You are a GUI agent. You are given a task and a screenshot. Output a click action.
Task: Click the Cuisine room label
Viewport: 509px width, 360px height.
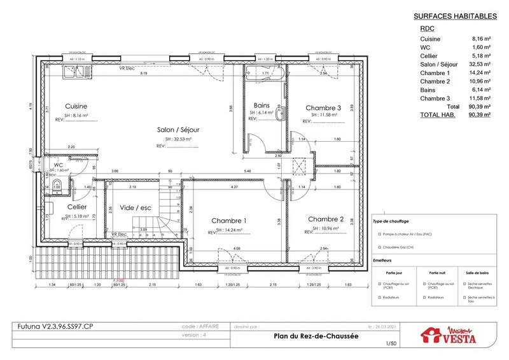point(76,106)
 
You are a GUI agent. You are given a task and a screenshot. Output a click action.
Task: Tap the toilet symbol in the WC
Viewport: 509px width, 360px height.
point(57,186)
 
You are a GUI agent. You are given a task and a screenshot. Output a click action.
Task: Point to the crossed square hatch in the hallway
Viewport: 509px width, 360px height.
point(297,167)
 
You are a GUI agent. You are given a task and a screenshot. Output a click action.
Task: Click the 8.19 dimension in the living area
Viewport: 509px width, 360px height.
point(144,74)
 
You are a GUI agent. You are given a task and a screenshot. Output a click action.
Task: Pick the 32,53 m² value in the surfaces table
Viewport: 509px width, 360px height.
point(479,64)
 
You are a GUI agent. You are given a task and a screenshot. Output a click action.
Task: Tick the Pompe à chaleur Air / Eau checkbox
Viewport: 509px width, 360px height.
point(379,235)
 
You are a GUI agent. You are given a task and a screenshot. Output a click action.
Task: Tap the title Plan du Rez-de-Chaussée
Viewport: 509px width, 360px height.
point(307,338)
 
